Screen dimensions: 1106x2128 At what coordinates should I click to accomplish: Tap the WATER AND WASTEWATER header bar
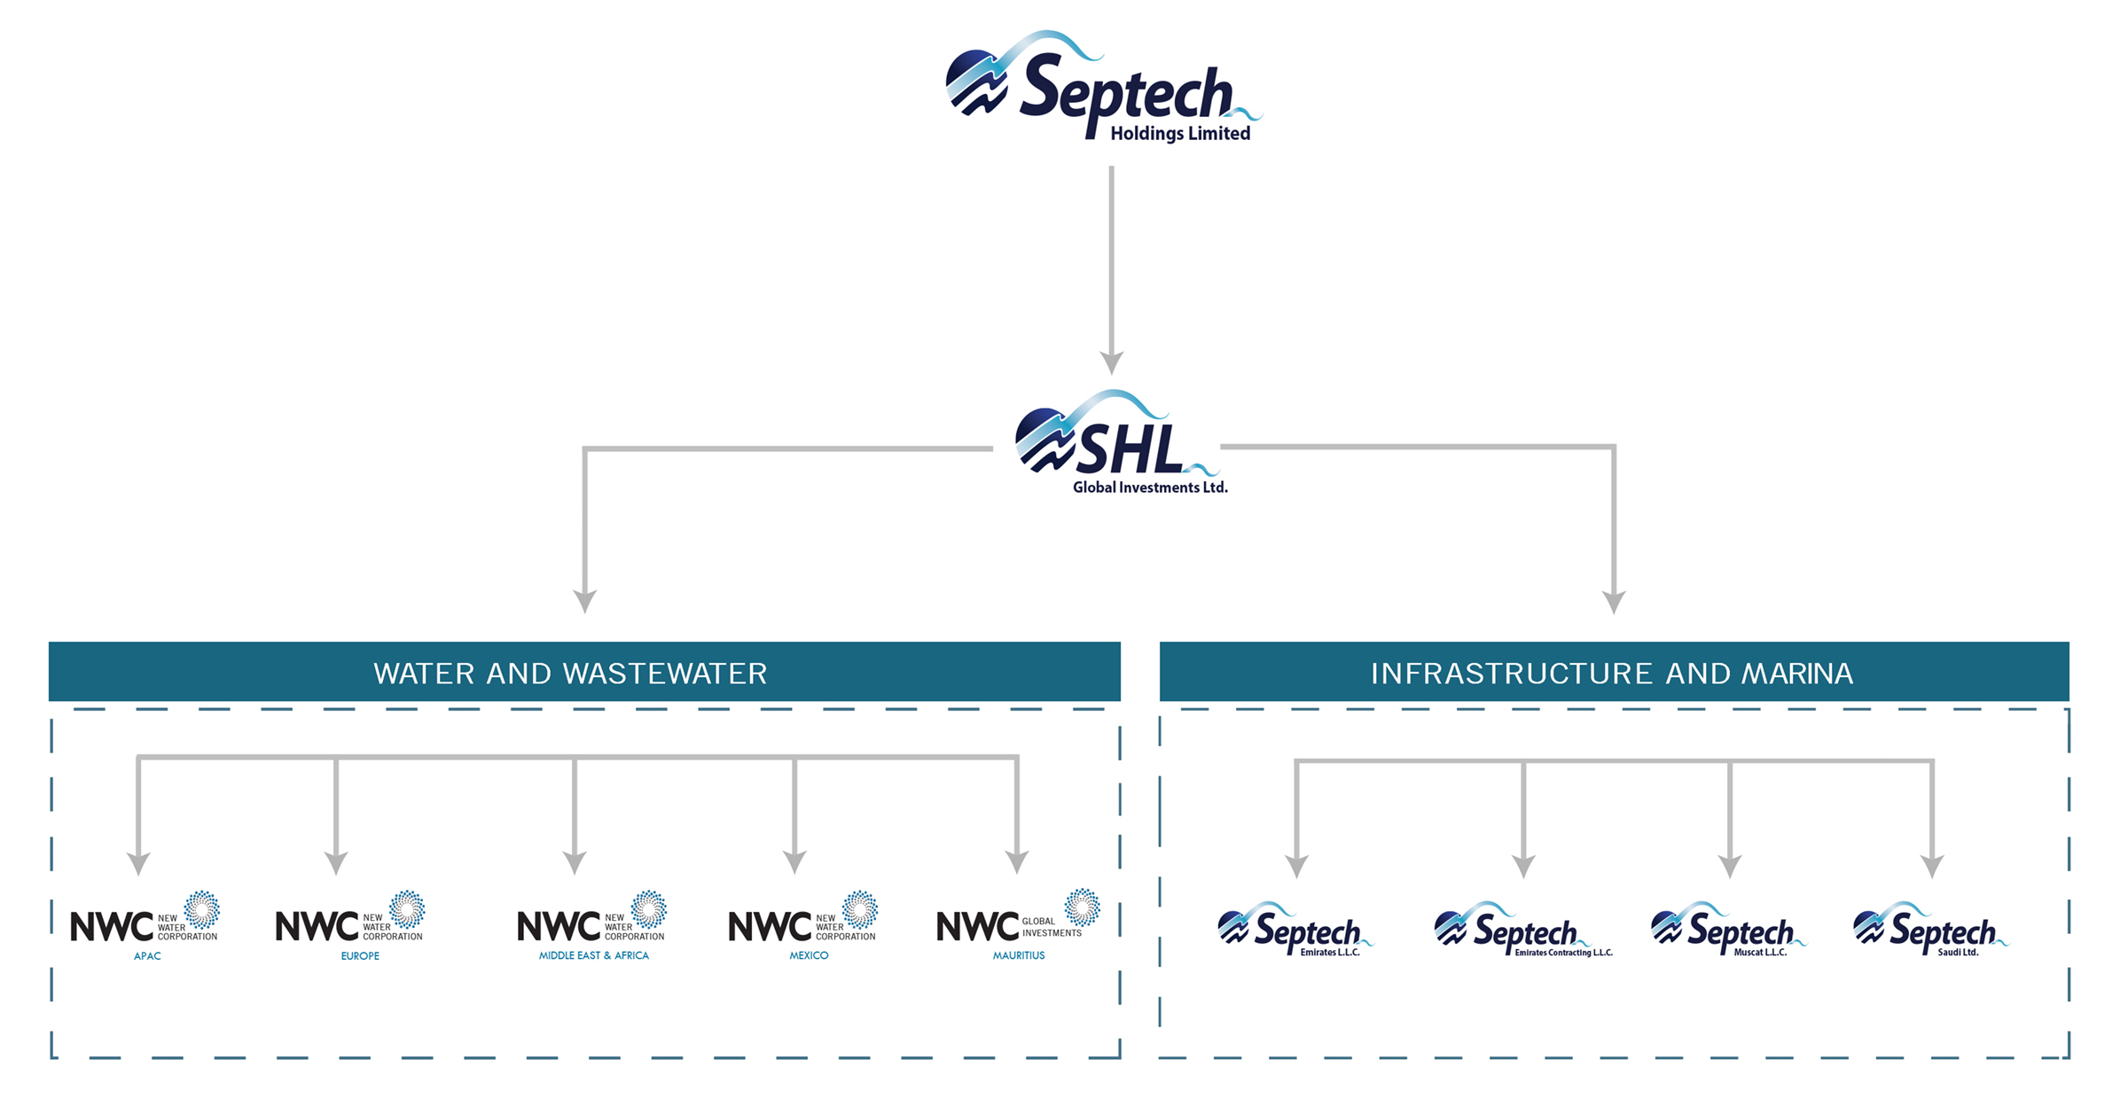[x=584, y=673]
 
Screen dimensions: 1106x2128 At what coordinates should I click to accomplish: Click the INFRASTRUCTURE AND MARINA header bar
[x=1613, y=673]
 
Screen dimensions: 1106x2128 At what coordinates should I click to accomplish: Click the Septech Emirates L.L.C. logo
[x=1295, y=931]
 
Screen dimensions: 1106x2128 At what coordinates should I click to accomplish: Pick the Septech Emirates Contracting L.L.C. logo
[x=1522, y=931]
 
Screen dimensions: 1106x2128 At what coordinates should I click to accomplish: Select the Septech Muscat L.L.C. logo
[x=1727, y=931]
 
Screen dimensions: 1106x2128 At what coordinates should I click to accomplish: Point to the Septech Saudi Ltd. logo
[x=1929, y=931]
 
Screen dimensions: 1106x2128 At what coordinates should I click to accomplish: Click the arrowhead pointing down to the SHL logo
[x=1111, y=362]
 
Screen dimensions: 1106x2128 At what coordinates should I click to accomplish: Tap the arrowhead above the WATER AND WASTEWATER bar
[x=584, y=601]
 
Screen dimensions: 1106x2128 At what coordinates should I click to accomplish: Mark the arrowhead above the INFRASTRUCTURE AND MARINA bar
[x=1614, y=602]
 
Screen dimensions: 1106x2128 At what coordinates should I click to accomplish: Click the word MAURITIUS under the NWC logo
[x=1019, y=955]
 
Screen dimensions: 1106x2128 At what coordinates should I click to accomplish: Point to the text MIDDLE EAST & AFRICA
[x=594, y=955]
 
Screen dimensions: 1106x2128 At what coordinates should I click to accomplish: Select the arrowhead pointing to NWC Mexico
[x=794, y=861]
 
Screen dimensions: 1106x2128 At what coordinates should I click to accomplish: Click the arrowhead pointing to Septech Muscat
[x=1730, y=865]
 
